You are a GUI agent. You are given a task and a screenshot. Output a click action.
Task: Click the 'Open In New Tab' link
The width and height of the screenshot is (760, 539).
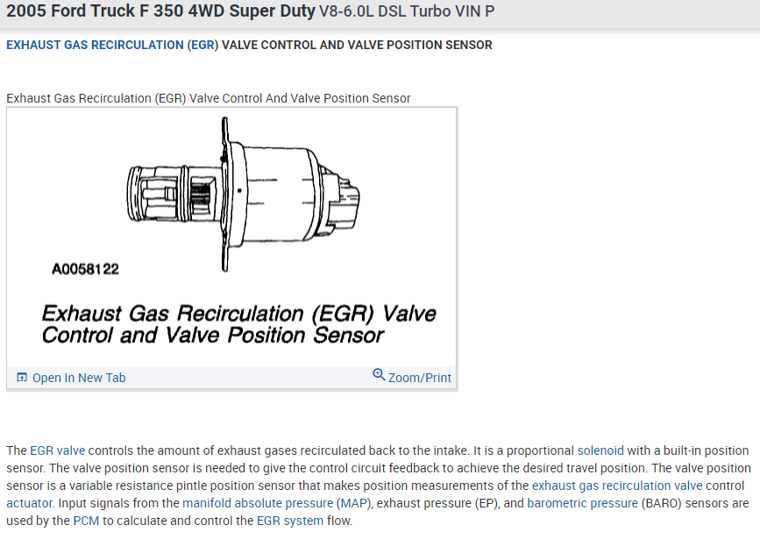79,378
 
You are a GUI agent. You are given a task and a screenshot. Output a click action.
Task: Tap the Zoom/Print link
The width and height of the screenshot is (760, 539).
419,378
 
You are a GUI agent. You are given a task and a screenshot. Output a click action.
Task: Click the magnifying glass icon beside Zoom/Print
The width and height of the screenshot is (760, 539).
379,375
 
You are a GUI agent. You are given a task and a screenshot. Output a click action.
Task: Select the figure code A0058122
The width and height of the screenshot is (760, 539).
85,269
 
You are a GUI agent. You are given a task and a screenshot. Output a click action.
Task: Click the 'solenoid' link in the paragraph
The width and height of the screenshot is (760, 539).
600,450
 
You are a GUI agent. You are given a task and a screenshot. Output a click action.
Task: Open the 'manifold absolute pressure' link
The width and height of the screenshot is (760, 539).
258,503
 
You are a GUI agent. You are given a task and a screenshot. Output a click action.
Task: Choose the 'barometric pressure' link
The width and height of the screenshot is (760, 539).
582,503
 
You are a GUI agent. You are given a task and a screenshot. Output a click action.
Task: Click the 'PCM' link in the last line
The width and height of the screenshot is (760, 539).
86,521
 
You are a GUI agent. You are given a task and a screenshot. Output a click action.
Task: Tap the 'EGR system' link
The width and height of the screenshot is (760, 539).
290,521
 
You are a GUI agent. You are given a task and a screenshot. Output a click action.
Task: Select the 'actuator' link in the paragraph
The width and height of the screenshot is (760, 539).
29,503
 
